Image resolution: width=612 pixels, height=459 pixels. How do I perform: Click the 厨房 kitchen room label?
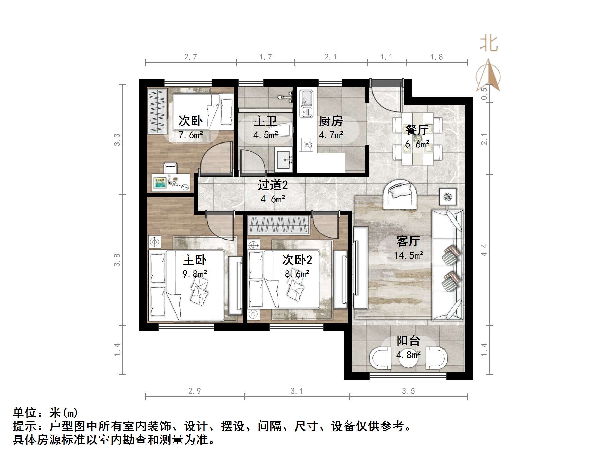coord(331,121)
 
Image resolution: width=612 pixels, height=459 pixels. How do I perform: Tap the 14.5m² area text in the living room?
coord(408,255)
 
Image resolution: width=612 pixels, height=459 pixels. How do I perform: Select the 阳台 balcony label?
coord(408,341)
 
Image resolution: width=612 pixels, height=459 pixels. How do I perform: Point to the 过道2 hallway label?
coord(273,185)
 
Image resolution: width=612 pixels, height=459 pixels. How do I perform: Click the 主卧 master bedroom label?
coord(195,260)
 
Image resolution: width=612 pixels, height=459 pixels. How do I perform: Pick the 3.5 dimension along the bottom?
coord(408,391)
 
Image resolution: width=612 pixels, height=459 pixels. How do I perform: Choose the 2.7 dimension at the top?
coord(191,57)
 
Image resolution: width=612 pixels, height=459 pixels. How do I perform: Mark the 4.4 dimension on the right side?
coord(484,250)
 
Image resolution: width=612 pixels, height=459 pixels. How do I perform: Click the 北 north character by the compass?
coord(489,44)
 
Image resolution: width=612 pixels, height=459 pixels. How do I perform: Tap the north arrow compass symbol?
coord(488,76)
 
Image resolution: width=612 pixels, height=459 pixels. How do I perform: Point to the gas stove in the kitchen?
coord(306,145)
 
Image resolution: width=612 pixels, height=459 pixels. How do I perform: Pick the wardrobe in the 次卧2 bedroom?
coord(279,225)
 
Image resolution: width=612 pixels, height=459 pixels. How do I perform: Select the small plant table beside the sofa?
coord(448,196)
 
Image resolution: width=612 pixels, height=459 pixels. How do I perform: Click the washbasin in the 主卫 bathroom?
coord(284,159)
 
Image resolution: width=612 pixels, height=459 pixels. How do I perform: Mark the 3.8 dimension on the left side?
coord(117,260)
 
